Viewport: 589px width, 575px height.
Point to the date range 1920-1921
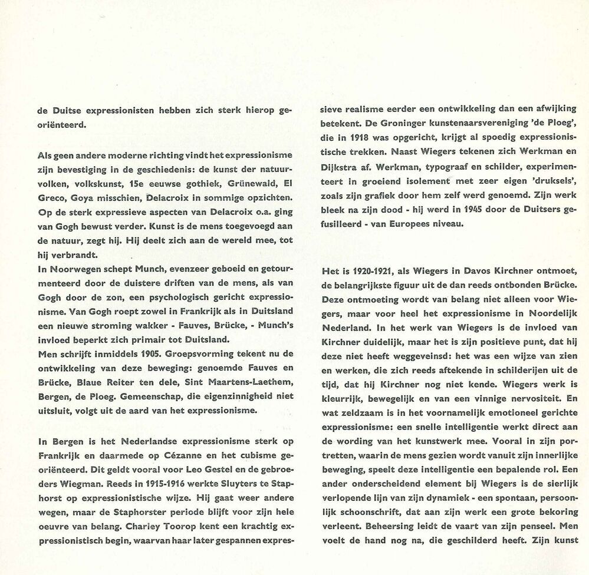click(362, 270)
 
